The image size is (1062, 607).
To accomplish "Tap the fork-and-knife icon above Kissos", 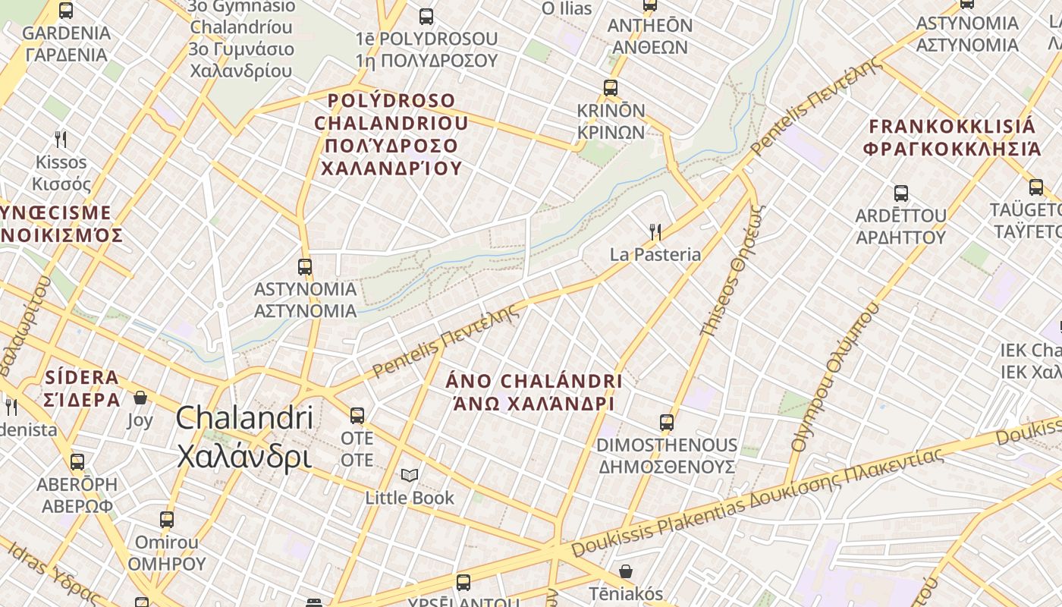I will pyautogui.click(x=61, y=140).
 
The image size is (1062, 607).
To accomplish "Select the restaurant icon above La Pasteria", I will pyautogui.click(x=655, y=231).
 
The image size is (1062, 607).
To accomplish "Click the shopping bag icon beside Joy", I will pyautogui.click(x=140, y=398).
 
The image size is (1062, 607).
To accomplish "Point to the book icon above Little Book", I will pyautogui.click(x=410, y=476).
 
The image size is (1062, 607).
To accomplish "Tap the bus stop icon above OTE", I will pyautogui.click(x=357, y=416).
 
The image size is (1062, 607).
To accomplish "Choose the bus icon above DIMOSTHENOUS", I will pyautogui.click(x=667, y=423).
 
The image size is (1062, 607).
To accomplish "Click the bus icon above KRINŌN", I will pyautogui.click(x=611, y=88).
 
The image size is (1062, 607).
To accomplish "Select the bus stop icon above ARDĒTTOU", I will pyautogui.click(x=901, y=193).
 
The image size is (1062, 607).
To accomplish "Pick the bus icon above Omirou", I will pyautogui.click(x=167, y=520).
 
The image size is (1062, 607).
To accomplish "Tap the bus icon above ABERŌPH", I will pyautogui.click(x=77, y=462).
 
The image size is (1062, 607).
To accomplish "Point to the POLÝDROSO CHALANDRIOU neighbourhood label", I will pyautogui.click(x=391, y=134).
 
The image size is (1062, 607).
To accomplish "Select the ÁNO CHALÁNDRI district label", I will pyautogui.click(x=533, y=392).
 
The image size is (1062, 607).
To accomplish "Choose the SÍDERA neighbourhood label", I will pyautogui.click(x=82, y=388).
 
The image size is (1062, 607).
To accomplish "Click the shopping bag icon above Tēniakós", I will pyautogui.click(x=627, y=571).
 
